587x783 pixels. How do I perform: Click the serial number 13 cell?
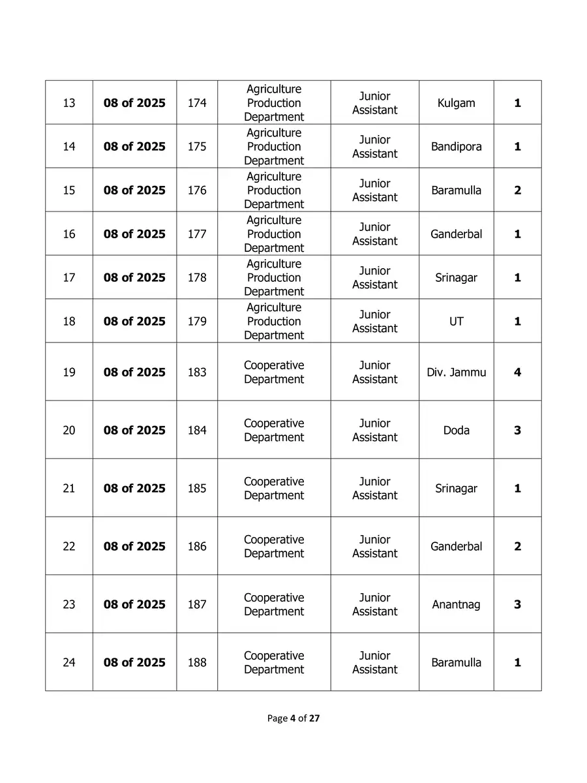[69, 103]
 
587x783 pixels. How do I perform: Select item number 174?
[197, 103]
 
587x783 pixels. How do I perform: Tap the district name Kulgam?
[456, 103]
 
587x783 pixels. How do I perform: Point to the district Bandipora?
[456, 147]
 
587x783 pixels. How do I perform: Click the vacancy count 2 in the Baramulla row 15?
[517, 191]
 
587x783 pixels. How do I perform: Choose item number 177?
[197, 234]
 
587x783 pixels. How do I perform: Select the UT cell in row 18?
[456, 322]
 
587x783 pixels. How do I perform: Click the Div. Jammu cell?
[456, 373]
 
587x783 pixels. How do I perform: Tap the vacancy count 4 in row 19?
[517, 373]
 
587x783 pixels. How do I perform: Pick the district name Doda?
[456, 431]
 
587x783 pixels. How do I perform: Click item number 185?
[197, 489]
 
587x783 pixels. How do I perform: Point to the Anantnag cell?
[456, 605]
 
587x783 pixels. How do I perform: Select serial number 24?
[69, 663]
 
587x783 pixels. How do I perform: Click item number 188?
[197, 663]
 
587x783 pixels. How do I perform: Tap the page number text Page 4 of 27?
[293, 718]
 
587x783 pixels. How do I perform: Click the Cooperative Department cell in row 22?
[274, 547]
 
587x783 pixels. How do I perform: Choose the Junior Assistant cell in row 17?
[374, 278]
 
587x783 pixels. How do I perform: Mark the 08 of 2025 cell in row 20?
[134, 431]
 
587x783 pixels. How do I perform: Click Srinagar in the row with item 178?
[456, 278]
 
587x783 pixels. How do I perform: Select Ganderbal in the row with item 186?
[456, 547]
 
